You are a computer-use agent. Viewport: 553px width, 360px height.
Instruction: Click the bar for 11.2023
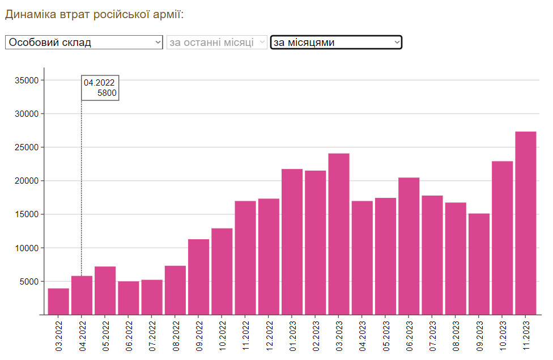tap(525, 223)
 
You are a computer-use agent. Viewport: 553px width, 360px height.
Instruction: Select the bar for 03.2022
tap(58, 301)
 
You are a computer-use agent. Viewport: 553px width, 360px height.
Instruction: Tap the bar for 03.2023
tap(338, 234)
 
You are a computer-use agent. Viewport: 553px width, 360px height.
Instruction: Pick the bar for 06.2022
tap(128, 298)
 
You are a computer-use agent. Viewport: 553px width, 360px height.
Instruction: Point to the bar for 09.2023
tap(479, 264)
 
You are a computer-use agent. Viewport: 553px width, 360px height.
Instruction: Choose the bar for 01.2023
tap(292, 242)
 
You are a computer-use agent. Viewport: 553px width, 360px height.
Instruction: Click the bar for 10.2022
tap(222, 271)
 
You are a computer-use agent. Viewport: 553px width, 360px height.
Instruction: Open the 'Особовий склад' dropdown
tap(84, 43)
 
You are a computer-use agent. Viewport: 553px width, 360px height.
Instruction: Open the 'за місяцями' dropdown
tap(336, 43)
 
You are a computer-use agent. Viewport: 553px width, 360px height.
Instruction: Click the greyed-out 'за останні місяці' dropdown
tap(216, 43)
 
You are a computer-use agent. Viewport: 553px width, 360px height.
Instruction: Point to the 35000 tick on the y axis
tap(27, 81)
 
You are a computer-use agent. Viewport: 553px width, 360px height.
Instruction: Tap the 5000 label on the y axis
tap(29, 282)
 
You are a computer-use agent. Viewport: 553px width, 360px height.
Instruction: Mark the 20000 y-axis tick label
tap(27, 181)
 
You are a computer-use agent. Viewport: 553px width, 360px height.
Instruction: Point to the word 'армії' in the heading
tap(168, 14)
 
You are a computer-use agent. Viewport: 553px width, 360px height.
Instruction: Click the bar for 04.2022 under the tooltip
tap(82, 295)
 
